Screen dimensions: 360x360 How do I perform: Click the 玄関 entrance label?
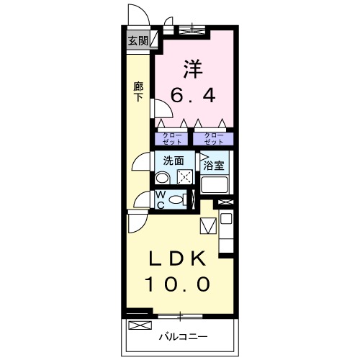click(138, 40)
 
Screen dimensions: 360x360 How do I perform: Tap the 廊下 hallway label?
click(138, 92)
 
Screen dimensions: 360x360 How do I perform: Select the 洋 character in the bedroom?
click(192, 69)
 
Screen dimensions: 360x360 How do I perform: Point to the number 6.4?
click(192, 96)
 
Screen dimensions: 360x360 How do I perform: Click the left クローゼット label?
click(171, 138)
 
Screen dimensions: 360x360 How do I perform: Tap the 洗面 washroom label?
click(173, 161)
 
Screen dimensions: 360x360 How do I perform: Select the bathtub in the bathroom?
click(215, 185)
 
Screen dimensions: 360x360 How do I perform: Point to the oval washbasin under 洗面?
click(163, 179)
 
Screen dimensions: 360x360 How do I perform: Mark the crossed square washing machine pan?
click(184, 177)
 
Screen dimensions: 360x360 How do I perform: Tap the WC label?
click(161, 199)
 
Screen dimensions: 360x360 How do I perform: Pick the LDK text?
click(178, 258)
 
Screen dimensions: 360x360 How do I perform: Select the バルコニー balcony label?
click(183, 336)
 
